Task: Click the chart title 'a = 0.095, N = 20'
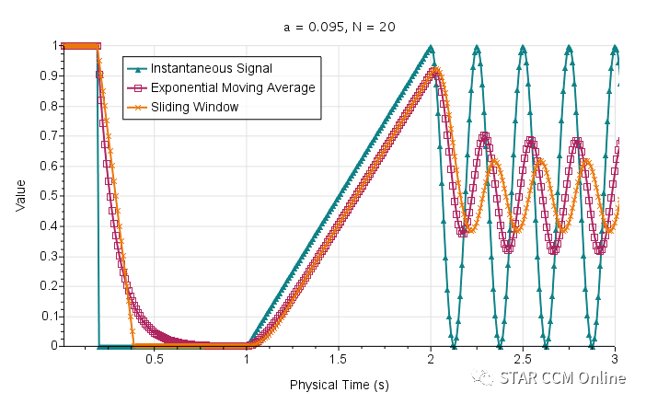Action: [x=340, y=27]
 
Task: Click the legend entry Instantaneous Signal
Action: [x=212, y=68]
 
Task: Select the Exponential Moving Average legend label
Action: [x=233, y=87]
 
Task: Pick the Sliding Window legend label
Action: [x=194, y=107]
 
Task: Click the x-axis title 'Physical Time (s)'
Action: [x=339, y=383]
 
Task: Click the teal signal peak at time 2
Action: [x=430, y=47]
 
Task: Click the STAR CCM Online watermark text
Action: [x=563, y=378]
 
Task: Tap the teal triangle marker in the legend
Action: [x=138, y=68]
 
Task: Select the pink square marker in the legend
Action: [x=138, y=87]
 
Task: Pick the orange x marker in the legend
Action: [x=138, y=107]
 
